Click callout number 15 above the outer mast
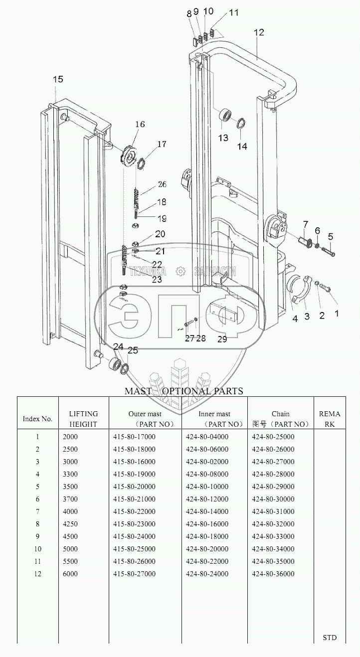click(58, 79)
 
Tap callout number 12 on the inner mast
click(259, 32)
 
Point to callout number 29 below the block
click(222, 339)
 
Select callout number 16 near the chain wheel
click(140, 124)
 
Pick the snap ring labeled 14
click(241, 123)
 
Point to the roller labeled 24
click(115, 364)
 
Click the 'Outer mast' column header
click(145, 414)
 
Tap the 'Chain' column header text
click(281, 414)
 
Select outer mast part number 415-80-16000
click(134, 462)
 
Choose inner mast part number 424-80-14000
click(207, 511)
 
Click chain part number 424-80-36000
click(273, 574)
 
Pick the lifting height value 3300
click(70, 474)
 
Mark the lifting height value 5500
click(70, 561)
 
